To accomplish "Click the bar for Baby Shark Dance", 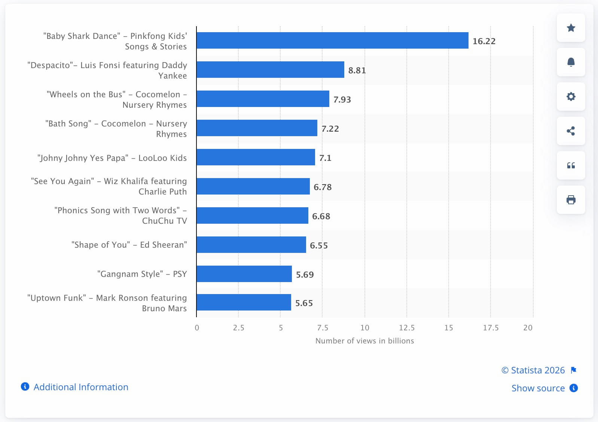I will point(332,40).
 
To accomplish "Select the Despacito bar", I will point(270,70).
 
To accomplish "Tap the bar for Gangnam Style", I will point(244,274).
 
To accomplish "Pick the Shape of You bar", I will point(251,245).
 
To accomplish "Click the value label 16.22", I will point(484,41).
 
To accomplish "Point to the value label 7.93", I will point(342,100).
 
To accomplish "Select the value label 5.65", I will point(304,303).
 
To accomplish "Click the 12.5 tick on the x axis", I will point(407,328).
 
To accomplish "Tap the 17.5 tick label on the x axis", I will point(491,328).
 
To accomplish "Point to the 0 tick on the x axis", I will point(197,328).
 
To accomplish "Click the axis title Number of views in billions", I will point(364,341).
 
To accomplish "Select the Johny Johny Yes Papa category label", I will point(112,158).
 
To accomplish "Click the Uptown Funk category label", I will point(107,303).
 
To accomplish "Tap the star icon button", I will point(571,28).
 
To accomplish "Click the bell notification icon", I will point(571,62).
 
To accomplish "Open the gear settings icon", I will point(571,97).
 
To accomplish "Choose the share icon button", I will point(571,131).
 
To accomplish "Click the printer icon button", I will point(571,200).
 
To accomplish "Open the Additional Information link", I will point(81,387).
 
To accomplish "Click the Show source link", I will point(538,388).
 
